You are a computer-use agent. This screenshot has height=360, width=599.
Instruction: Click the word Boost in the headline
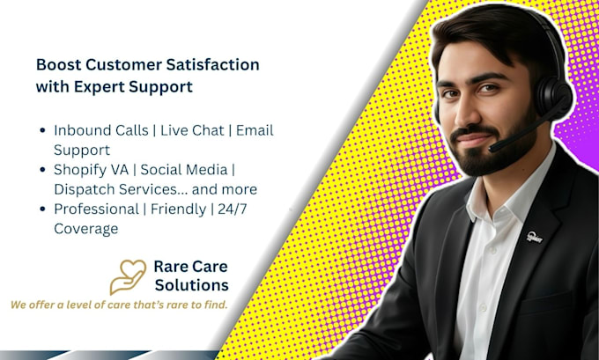58,64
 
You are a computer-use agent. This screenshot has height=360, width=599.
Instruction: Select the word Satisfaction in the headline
212,64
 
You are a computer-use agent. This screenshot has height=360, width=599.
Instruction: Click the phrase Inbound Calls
100,130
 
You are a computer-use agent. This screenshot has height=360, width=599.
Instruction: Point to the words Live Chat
192,130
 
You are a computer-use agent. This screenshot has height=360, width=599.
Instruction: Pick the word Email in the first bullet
255,130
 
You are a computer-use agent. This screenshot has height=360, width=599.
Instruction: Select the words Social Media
184,170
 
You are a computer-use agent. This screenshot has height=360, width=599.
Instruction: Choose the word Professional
96,209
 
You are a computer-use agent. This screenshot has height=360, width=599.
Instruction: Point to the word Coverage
86,230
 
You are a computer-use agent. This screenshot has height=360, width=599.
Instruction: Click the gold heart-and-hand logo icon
128,276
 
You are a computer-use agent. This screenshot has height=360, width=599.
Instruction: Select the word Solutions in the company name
192,285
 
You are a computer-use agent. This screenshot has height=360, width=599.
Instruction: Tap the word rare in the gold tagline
179,305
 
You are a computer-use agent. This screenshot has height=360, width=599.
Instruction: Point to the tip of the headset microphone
492,148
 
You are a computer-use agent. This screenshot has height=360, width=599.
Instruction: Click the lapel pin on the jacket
535,237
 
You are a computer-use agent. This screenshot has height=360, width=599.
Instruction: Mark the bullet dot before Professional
43,209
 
